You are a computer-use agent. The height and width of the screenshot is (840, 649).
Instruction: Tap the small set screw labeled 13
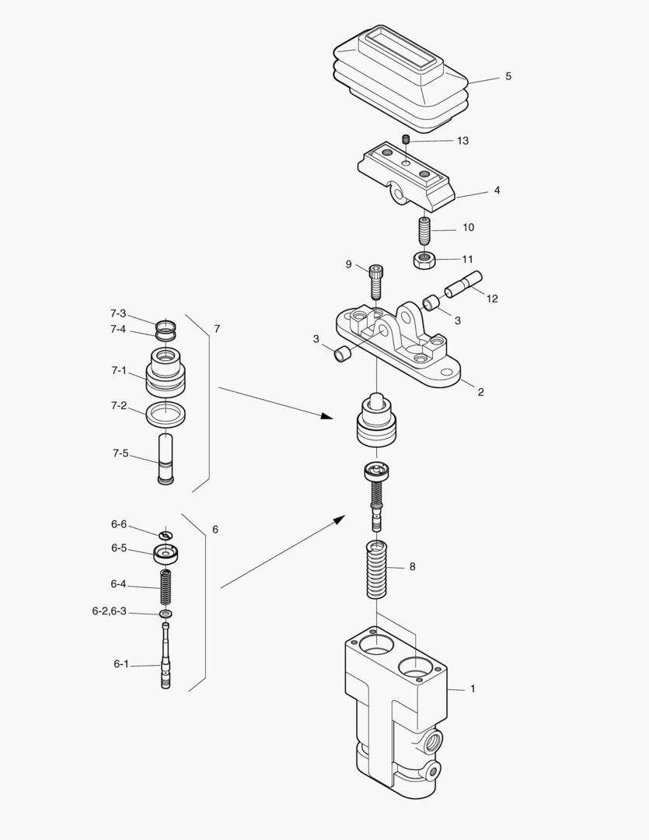[x=406, y=140]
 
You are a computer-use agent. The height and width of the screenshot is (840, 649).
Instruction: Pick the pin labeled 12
[x=463, y=284]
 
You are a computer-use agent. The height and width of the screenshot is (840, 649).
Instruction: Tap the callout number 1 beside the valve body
[x=473, y=688]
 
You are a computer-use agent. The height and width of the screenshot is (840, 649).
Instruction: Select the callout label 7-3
[x=117, y=313]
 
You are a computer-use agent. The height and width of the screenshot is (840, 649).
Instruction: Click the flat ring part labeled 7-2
[x=166, y=414]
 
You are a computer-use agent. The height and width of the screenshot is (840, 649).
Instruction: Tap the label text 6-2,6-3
[x=109, y=611]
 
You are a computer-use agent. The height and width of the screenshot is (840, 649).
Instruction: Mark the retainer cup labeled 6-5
[x=166, y=555]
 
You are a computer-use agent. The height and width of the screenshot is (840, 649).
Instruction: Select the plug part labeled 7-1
[x=166, y=372]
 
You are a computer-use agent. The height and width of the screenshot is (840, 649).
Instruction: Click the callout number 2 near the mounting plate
[x=480, y=392]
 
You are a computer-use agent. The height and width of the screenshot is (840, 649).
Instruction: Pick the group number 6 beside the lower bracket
[x=215, y=530]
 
